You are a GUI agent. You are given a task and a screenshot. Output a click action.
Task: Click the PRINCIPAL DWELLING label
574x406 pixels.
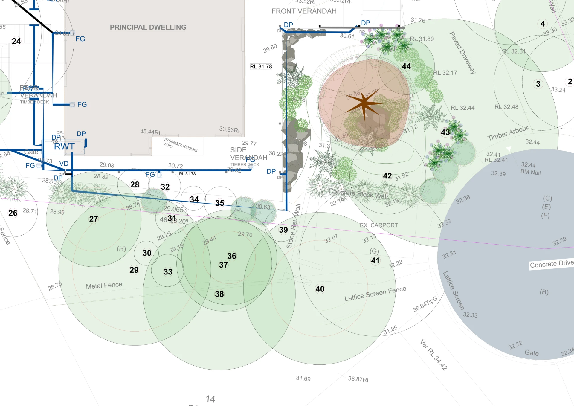tap(148, 27)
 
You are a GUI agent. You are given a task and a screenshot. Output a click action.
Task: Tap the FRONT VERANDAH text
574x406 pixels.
tap(304, 11)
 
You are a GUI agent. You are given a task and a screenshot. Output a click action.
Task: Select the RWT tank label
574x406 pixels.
tap(64, 146)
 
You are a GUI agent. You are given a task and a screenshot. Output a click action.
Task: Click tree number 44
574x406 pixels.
tap(406, 66)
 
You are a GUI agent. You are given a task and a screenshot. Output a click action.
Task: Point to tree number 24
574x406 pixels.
tap(16, 41)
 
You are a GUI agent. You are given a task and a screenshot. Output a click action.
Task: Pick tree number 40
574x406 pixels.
tap(320, 289)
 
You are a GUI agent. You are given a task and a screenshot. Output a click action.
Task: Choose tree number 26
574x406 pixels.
tap(13, 213)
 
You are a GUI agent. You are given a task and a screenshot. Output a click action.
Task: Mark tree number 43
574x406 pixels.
tap(445, 132)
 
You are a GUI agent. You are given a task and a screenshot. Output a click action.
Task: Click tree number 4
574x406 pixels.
tap(543, 24)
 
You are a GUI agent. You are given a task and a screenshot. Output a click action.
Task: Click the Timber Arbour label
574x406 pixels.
tap(507, 133)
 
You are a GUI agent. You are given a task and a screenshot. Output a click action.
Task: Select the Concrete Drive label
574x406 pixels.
tap(552, 264)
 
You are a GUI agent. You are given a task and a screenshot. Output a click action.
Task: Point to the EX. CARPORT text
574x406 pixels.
tap(379, 225)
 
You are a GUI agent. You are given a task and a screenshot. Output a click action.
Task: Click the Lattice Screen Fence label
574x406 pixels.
tap(375, 294)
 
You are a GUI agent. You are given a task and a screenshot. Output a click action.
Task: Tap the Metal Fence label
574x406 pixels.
tap(104, 286)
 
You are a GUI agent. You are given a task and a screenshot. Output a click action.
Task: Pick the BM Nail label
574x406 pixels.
tap(530, 172)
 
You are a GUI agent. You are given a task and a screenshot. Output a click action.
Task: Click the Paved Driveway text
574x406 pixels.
tap(462, 53)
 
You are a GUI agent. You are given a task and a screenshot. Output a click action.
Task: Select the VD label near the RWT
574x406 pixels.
tap(64, 164)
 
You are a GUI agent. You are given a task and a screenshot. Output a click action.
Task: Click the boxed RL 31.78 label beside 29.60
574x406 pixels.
tap(261, 67)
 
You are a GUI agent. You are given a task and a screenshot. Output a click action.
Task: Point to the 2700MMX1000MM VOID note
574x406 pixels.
tap(180, 145)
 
